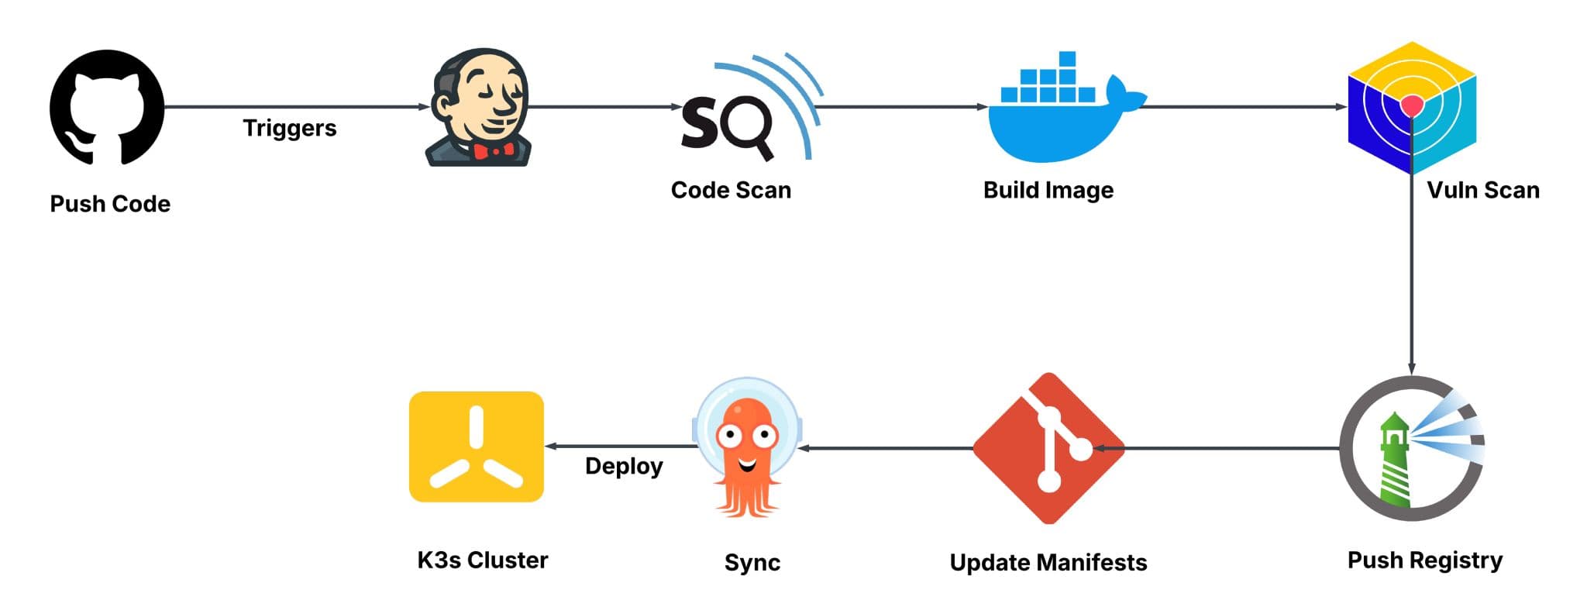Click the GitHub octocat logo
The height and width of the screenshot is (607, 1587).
pyautogui.click(x=107, y=108)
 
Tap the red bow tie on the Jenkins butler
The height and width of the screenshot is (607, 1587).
pyautogui.click(x=494, y=150)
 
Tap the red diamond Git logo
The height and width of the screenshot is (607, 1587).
pyautogui.click(x=1048, y=448)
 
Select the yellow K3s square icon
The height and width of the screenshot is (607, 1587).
pyautogui.click(x=477, y=447)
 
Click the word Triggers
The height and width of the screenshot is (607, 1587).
pyautogui.click(x=290, y=128)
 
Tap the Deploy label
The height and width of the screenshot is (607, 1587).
pyautogui.click(x=624, y=466)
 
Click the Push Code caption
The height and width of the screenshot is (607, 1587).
pyautogui.click(x=110, y=204)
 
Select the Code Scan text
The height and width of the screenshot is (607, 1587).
pyautogui.click(x=731, y=190)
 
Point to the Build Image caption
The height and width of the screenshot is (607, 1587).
pyautogui.click(x=1048, y=190)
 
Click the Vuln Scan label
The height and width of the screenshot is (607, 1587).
pyautogui.click(x=1482, y=190)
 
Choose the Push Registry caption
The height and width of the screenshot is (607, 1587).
pyautogui.click(x=1424, y=560)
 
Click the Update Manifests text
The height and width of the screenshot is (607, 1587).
pyautogui.click(x=1048, y=562)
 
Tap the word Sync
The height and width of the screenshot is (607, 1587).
pyautogui.click(x=752, y=562)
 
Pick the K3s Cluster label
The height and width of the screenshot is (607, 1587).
pyautogui.click(x=482, y=560)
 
